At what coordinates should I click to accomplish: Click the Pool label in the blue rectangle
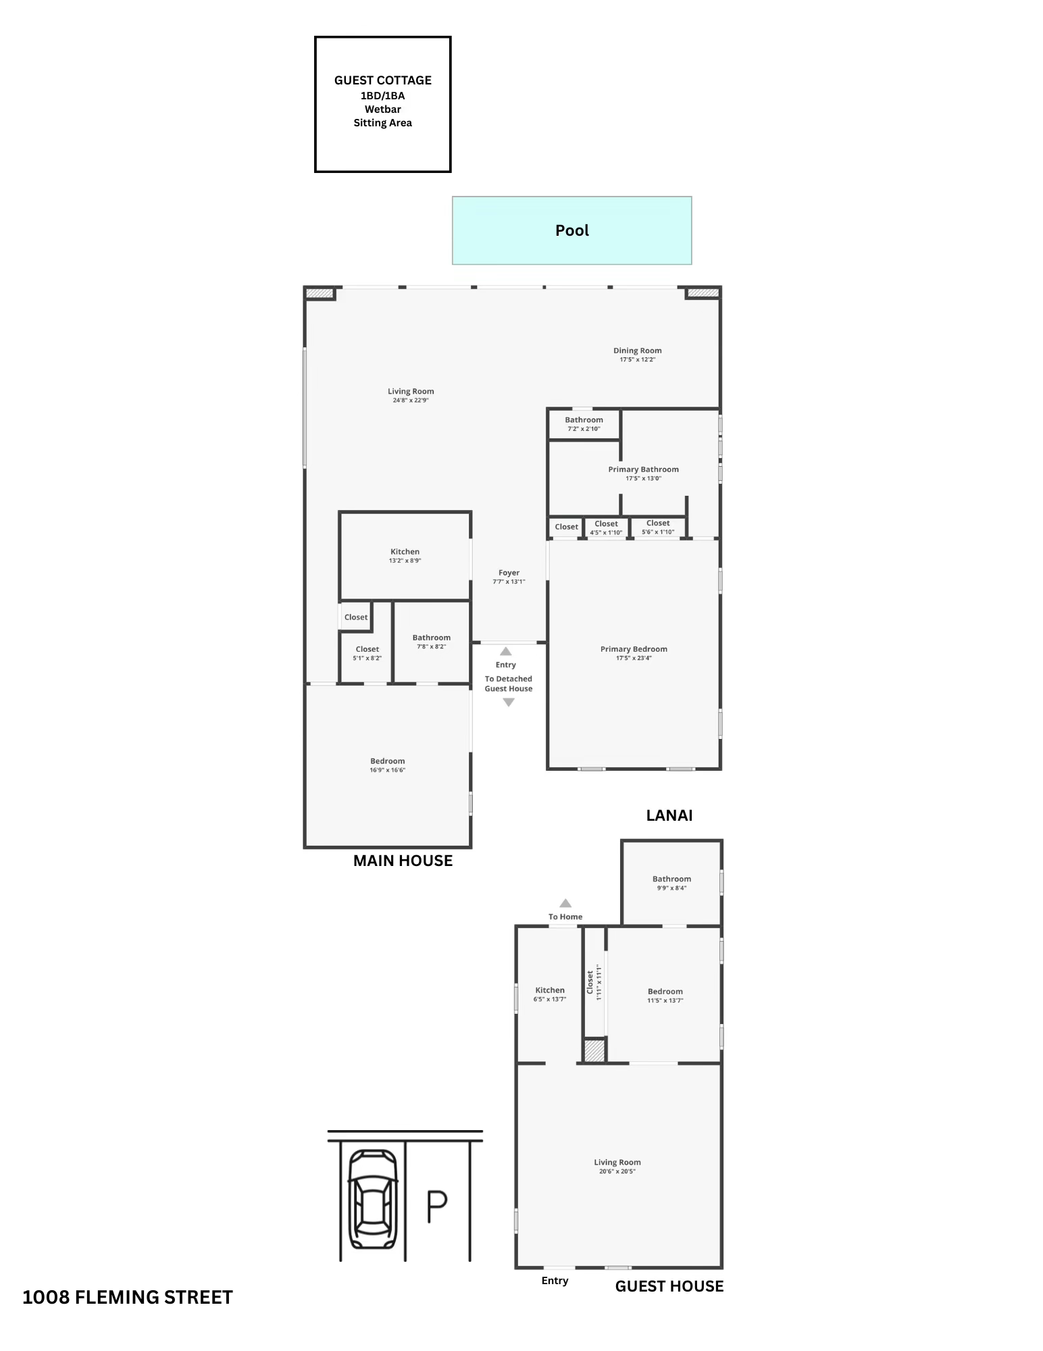click(x=571, y=230)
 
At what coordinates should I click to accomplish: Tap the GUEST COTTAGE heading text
click(x=382, y=80)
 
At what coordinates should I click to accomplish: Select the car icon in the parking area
click(x=372, y=1200)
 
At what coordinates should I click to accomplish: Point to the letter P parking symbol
click(x=437, y=1208)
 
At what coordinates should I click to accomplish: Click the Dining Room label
click(x=637, y=351)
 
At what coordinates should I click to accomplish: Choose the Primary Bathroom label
click(x=643, y=469)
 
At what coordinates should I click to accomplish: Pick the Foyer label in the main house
click(x=509, y=573)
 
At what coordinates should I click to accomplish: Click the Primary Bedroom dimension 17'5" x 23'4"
click(x=634, y=659)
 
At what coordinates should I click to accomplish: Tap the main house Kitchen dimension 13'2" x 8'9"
click(x=405, y=561)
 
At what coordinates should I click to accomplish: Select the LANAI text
click(x=669, y=815)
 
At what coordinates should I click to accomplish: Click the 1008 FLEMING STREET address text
click(x=128, y=1297)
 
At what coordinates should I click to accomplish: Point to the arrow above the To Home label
click(x=565, y=903)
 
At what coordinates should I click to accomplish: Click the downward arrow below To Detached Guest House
click(x=509, y=703)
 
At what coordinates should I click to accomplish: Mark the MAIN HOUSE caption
click(x=403, y=861)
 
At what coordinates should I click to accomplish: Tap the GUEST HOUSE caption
click(x=669, y=1286)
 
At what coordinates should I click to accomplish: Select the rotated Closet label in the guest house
click(x=590, y=982)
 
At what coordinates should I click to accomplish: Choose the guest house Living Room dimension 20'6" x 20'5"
click(x=617, y=1171)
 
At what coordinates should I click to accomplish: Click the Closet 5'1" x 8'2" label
click(x=367, y=653)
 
